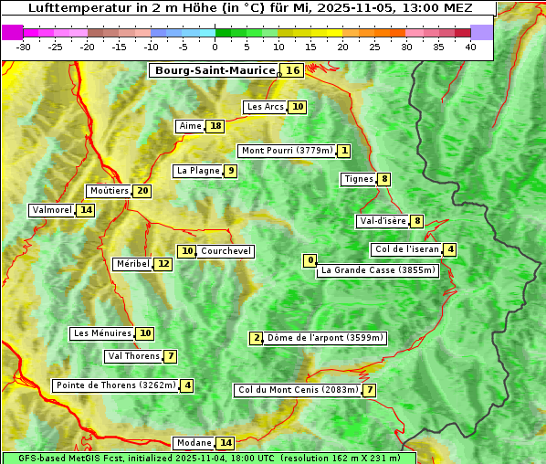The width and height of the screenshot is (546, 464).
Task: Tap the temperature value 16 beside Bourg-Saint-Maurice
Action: (x=292, y=70)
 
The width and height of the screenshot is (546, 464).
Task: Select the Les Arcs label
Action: (x=266, y=107)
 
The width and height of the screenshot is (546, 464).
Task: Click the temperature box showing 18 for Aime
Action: (x=215, y=126)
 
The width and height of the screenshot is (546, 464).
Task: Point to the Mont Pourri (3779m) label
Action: (x=286, y=151)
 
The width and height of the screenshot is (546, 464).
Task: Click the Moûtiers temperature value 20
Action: (x=142, y=191)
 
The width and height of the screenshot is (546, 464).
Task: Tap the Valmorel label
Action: (x=51, y=210)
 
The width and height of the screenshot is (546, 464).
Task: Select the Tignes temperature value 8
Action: (x=384, y=179)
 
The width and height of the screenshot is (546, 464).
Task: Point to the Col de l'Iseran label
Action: (x=406, y=249)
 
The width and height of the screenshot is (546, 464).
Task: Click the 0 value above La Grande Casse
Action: (x=310, y=260)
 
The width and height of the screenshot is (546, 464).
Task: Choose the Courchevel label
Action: (x=226, y=251)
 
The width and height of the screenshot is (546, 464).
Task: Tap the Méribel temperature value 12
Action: (x=163, y=264)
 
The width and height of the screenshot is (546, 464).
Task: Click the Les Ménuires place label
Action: (x=102, y=333)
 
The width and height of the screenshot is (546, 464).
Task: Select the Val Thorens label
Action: (x=133, y=356)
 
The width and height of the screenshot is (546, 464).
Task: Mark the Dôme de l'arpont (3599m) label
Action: (x=325, y=338)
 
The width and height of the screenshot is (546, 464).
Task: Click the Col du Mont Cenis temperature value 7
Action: (x=369, y=391)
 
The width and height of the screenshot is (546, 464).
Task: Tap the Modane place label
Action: (x=193, y=443)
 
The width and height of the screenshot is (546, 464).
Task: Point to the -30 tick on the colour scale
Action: (x=24, y=47)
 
